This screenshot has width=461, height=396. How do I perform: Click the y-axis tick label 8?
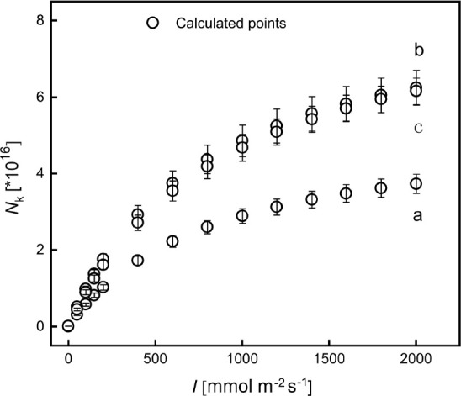(40, 20)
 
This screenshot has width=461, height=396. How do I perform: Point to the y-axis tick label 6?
(40, 98)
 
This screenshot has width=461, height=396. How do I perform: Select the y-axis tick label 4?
(40, 173)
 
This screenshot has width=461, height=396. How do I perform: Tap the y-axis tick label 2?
(40, 250)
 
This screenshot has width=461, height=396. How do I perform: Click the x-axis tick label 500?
(155, 359)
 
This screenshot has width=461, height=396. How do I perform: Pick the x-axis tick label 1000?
(241, 359)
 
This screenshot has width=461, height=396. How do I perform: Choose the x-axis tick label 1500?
(328, 359)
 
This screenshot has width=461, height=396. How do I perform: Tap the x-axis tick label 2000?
(416, 359)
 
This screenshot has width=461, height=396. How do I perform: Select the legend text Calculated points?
(231, 24)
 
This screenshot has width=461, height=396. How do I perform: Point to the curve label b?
(419, 50)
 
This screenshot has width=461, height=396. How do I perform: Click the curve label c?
(418, 128)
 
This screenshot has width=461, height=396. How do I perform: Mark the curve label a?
(417, 216)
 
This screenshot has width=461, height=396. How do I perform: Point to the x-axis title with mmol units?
(252, 386)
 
